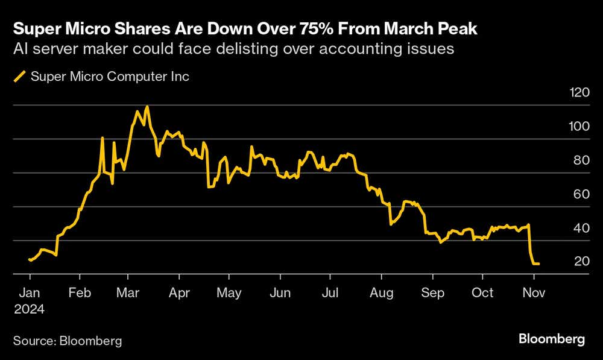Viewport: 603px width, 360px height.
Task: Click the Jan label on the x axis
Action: tap(30, 292)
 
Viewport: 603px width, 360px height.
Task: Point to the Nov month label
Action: tap(533, 292)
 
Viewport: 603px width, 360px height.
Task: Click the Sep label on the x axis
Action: tap(432, 292)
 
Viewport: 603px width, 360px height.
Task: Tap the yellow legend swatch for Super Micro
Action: tap(20, 77)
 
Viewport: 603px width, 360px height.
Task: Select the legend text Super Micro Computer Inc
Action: tap(110, 77)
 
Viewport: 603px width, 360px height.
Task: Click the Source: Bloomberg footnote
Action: tap(68, 341)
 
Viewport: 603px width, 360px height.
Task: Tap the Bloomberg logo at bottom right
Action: tap(551, 339)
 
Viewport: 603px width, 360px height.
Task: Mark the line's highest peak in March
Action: tap(147, 107)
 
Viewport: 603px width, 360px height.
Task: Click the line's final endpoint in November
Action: tap(538, 264)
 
